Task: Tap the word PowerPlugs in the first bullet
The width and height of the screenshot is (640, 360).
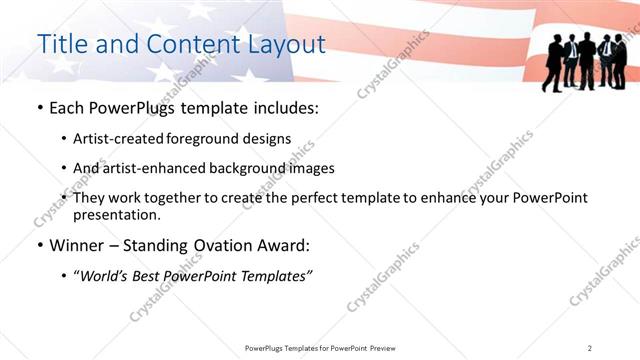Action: [133, 107]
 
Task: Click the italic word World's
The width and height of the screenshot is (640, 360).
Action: [107, 275]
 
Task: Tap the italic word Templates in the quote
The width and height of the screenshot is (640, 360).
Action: [275, 275]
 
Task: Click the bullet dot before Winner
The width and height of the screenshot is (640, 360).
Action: [39, 245]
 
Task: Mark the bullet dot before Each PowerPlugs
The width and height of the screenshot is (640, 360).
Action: [39, 107]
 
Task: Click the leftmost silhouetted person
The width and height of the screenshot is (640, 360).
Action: [553, 62]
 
